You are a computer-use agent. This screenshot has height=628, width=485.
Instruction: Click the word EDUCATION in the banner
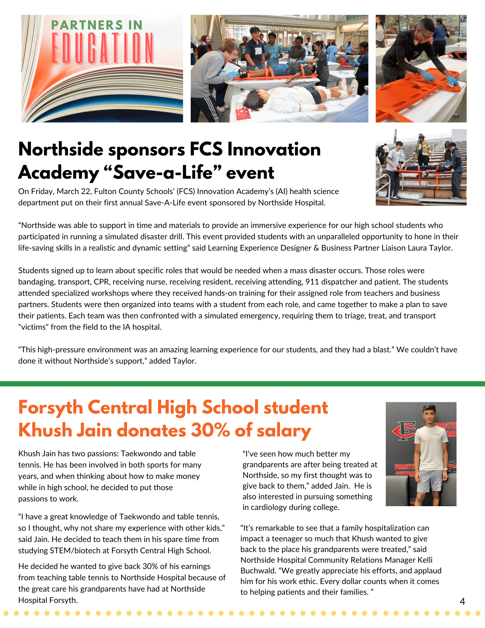point(102,48)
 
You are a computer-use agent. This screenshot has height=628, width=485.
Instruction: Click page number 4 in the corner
point(462,601)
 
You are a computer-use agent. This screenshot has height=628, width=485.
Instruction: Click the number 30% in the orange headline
point(210,430)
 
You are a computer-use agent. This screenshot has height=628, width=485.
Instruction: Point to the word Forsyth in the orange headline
point(51,408)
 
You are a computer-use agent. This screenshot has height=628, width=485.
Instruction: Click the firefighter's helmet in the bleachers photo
point(421,137)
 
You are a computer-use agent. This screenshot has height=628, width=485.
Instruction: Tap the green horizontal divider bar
point(242,383)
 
